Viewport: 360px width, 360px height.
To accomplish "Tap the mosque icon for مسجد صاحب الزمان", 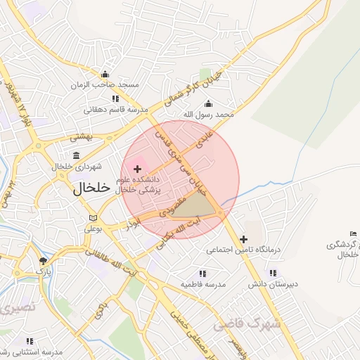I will click(105, 75).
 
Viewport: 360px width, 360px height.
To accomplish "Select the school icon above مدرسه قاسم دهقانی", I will click(115, 99).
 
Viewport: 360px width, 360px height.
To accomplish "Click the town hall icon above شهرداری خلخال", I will click(76, 155).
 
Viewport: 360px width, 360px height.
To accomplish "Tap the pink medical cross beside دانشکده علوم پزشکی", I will click(137, 169).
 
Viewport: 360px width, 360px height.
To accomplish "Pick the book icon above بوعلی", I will click(94, 218).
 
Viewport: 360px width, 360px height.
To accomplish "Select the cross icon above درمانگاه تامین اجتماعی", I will click(243, 239).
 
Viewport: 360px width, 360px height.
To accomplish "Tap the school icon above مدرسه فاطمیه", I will click(202, 274).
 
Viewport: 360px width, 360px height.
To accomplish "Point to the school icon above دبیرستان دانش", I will click(272, 274).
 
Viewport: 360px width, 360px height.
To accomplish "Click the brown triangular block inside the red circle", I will click(195, 206).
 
